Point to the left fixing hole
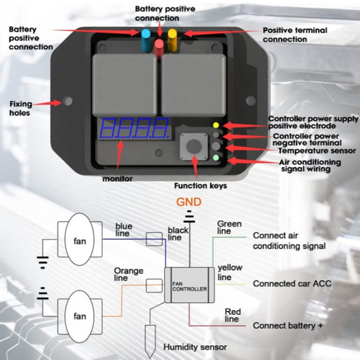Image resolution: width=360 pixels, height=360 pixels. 68,101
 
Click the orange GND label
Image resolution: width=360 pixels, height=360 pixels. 188,201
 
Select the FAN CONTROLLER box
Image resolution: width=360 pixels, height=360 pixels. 186,286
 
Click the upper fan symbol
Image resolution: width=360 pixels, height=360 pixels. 80,241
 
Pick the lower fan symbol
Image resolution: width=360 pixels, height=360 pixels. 80,315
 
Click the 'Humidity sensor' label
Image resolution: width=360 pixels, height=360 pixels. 195,348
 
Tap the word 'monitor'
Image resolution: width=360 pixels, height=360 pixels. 117,179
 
